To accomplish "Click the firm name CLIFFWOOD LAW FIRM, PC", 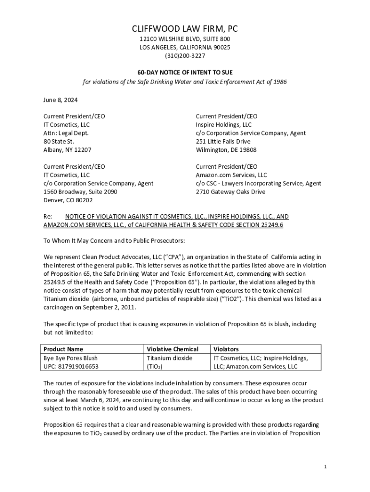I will (x=185, y=29).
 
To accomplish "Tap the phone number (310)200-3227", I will (x=185, y=56).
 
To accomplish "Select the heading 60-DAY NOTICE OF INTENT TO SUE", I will (x=185, y=72).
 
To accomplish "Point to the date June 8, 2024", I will (x=61, y=100).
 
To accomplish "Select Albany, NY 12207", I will (x=68, y=149).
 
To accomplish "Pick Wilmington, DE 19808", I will (x=226, y=149).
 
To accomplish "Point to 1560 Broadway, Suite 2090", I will (x=80, y=192).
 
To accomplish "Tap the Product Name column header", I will (x=63, y=349).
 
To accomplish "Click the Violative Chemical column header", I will (x=172, y=349).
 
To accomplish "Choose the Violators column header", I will (x=226, y=349).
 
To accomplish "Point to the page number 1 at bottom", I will (x=325, y=467).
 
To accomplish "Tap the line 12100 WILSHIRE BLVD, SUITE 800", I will (x=185, y=38).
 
